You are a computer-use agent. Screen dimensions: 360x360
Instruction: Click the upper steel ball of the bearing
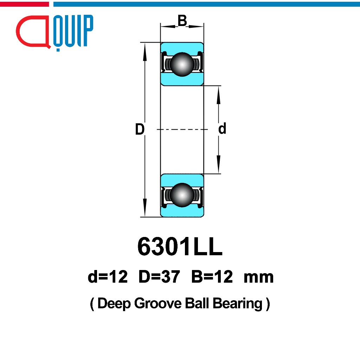coord(182,64)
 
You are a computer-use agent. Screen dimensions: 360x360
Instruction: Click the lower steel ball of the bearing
coord(182,195)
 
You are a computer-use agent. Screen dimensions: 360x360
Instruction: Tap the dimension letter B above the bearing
coord(182,20)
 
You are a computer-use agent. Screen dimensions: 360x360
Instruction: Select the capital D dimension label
coord(140,129)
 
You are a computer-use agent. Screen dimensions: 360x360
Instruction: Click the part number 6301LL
coord(180,246)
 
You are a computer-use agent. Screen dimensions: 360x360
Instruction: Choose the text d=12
coord(108,277)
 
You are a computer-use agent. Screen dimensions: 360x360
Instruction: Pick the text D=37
coord(159,277)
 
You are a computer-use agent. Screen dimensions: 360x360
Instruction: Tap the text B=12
coord(212,277)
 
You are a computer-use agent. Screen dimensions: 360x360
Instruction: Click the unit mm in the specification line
coord(259,278)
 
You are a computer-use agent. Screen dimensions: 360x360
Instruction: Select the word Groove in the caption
coord(158,303)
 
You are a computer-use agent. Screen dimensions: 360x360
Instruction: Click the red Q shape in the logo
coord(33,32)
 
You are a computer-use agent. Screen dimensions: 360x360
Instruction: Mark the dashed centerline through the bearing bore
coord(182,129)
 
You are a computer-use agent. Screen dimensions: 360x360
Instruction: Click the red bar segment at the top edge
coord(24,4)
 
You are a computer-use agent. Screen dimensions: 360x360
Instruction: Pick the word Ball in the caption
coord(197,303)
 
